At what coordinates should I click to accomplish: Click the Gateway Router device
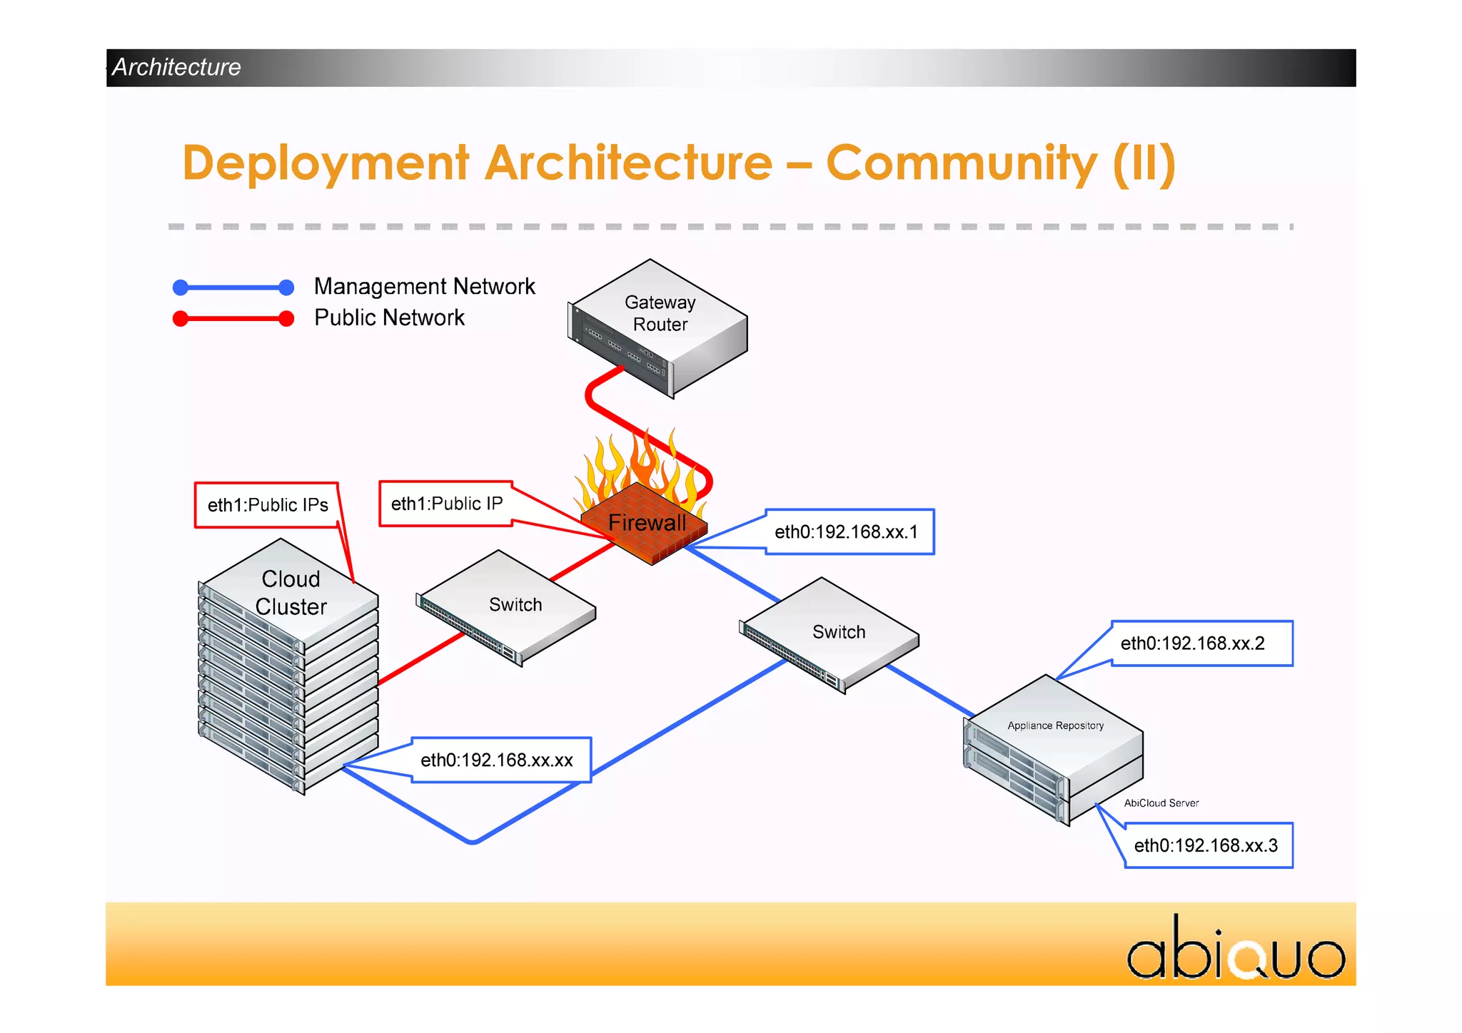659,327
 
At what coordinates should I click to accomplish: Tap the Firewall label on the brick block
647,523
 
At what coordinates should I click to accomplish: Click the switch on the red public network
508,606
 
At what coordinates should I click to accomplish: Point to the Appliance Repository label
1055,726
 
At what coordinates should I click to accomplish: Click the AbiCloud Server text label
1161,803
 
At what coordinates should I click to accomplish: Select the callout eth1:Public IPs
267,505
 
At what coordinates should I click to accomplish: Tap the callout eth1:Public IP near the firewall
446,504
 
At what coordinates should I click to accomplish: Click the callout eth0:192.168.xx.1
848,532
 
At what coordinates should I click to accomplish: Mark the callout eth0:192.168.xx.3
1206,845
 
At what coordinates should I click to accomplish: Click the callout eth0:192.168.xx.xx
498,760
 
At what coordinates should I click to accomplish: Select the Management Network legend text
424,287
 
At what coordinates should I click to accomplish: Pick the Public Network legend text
389,317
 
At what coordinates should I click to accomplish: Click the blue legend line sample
233,287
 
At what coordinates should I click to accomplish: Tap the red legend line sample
233,319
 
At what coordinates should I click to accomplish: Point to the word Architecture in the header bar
176,67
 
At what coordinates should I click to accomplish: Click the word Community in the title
961,163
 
